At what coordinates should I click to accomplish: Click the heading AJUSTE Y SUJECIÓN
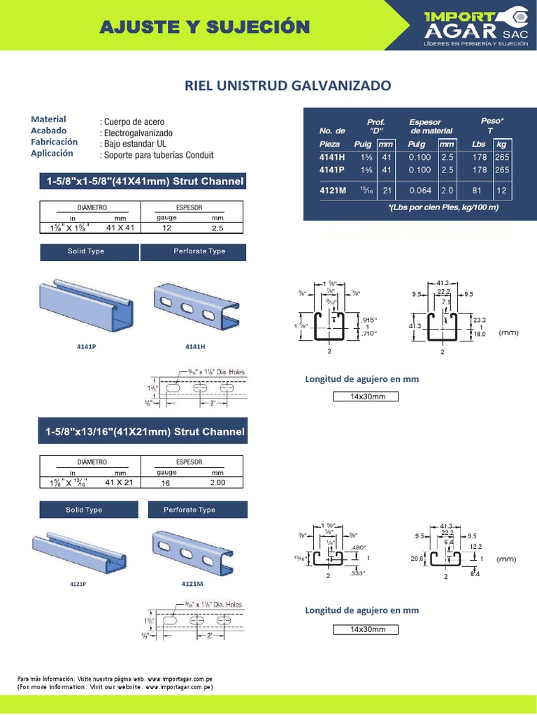[205, 27]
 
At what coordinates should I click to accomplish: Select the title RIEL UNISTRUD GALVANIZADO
[287, 86]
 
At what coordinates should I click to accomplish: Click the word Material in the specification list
[48, 119]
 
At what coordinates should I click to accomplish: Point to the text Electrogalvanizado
[138, 133]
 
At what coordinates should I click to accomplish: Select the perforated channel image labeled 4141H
[195, 308]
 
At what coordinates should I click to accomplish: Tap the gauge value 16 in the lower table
[166, 482]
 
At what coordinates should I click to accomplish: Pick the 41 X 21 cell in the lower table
[119, 482]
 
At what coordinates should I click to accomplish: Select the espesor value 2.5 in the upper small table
[217, 228]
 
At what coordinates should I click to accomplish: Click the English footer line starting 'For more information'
[115, 688]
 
